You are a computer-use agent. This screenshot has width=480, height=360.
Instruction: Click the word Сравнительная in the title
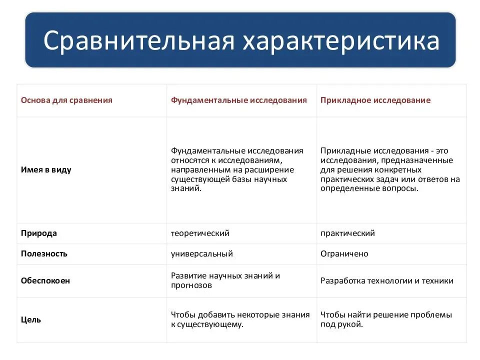[x=138, y=41]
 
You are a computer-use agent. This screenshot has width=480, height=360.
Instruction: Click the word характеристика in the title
[x=341, y=41]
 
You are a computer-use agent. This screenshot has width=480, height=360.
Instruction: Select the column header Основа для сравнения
[x=66, y=100]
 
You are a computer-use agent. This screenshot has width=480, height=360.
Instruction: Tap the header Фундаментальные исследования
[x=239, y=100]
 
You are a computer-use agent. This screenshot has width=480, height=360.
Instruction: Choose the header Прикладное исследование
[x=375, y=100]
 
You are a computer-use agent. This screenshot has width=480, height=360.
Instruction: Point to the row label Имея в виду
[x=46, y=169]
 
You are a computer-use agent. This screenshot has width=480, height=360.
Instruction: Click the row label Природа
[x=39, y=233]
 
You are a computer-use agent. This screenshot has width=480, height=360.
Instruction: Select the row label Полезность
[x=44, y=253]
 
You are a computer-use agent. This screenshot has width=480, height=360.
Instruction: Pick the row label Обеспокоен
[x=45, y=280]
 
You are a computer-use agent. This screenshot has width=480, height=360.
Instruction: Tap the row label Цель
[x=31, y=319]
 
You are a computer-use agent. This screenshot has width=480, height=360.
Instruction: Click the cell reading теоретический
[x=200, y=233]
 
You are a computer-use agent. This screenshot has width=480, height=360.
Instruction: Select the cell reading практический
[x=347, y=233]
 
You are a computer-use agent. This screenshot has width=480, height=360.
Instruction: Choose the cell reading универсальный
[x=202, y=253]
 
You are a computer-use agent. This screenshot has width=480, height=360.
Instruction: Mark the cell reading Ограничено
[x=344, y=253]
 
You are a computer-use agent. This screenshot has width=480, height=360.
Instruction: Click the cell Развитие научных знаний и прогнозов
[x=225, y=280]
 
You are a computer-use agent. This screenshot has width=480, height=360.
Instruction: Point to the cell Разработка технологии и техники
[x=387, y=280]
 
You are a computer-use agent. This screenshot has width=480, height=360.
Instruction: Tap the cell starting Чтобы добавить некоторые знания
[x=240, y=319]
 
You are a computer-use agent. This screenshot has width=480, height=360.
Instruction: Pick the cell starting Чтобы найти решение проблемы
[x=386, y=319]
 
